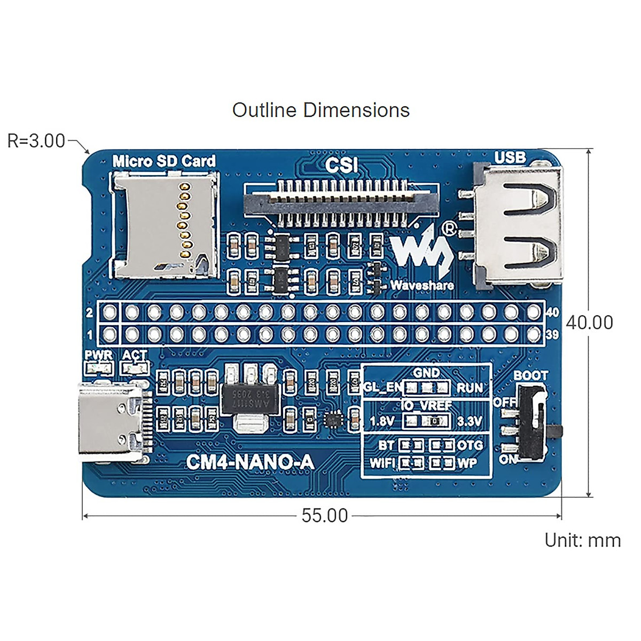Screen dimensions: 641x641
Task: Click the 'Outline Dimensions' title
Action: coord(320,110)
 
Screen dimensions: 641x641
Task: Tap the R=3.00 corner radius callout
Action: coord(36,141)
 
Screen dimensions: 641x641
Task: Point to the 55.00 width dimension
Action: coord(324,515)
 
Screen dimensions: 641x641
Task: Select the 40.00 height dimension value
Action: coord(589,323)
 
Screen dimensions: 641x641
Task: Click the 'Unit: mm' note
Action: coord(582,540)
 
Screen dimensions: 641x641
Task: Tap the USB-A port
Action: coord(518,224)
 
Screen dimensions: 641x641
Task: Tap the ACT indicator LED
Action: coord(135,368)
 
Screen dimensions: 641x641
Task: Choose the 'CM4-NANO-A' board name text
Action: coord(249,462)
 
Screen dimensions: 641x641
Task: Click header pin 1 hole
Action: coord(110,335)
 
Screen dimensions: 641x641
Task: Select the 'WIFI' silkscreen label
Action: coord(382,463)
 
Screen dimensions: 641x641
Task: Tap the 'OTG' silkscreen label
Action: coord(470,445)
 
